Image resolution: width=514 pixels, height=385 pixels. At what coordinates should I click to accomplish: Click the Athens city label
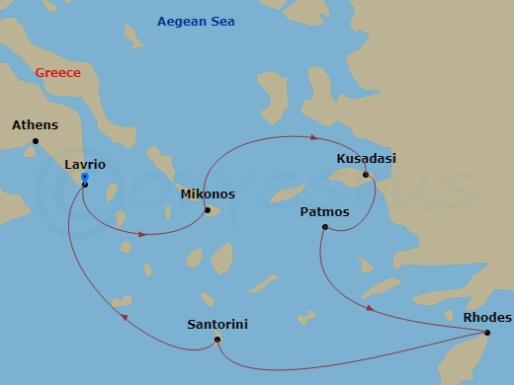click(x=35, y=125)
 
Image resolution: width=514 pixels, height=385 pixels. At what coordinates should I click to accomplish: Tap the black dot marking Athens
click(x=36, y=141)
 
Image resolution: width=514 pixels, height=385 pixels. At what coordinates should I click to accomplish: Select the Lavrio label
click(x=84, y=165)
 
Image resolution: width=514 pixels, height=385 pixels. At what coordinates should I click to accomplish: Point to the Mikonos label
click(x=208, y=194)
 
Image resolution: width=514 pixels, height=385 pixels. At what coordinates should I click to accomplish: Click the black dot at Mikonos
click(x=208, y=209)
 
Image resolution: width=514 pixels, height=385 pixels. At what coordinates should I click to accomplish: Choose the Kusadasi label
click(x=365, y=158)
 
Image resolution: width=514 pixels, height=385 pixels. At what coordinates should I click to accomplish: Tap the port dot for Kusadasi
click(x=366, y=175)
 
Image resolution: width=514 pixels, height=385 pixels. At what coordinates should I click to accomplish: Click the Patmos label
click(x=324, y=211)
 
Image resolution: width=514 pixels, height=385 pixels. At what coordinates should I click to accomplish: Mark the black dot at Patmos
click(x=324, y=227)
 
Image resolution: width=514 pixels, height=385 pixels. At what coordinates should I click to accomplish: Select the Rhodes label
click(x=487, y=318)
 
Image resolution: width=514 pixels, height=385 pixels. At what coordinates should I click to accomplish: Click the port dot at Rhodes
click(x=487, y=334)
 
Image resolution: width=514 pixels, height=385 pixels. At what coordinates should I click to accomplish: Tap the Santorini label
click(x=216, y=324)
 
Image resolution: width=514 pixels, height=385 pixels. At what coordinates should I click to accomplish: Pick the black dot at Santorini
click(x=217, y=341)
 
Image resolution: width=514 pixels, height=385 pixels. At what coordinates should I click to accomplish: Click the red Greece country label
click(x=57, y=73)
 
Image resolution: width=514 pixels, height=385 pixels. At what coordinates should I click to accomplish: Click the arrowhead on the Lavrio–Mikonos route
click(x=144, y=234)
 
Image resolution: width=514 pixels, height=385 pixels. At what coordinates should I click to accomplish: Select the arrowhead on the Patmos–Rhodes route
click(x=370, y=308)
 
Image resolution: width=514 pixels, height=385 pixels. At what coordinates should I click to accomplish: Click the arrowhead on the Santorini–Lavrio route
click(x=124, y=316)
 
